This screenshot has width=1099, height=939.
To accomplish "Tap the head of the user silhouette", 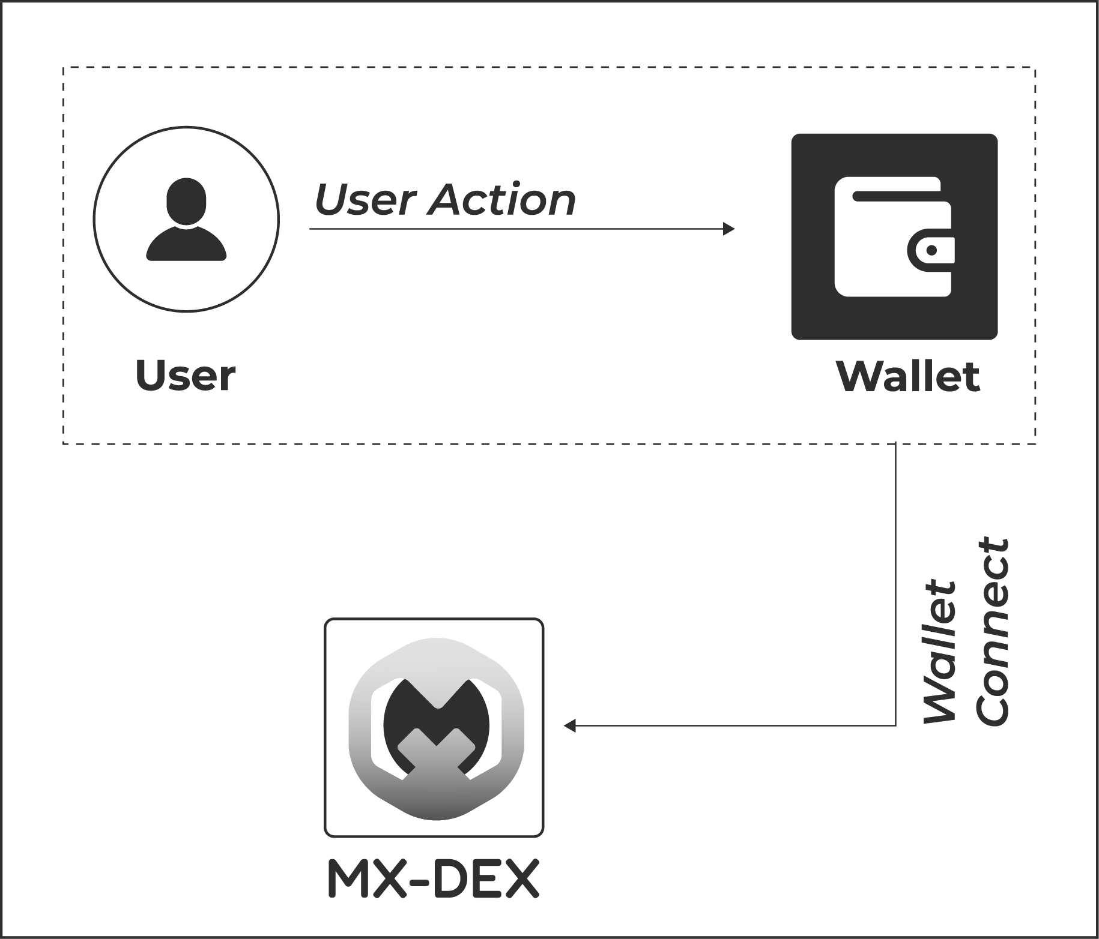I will [186, 202].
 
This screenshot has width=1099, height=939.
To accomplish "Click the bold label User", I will [186, 376].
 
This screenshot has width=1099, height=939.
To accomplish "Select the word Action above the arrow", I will [501, 200].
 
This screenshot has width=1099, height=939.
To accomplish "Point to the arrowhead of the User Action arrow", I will [729, 229].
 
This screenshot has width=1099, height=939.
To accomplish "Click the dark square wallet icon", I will [894, 236].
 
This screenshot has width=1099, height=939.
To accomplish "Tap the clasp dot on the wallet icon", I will [931, 250].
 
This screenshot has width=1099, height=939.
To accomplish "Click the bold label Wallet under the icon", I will [908, 376].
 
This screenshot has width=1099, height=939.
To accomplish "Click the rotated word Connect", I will [993, 632].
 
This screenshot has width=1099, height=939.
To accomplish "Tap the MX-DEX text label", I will [433, 880].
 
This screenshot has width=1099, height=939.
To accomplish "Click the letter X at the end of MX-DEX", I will [519, 880].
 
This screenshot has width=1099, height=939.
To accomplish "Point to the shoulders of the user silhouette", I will [186, 246].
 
